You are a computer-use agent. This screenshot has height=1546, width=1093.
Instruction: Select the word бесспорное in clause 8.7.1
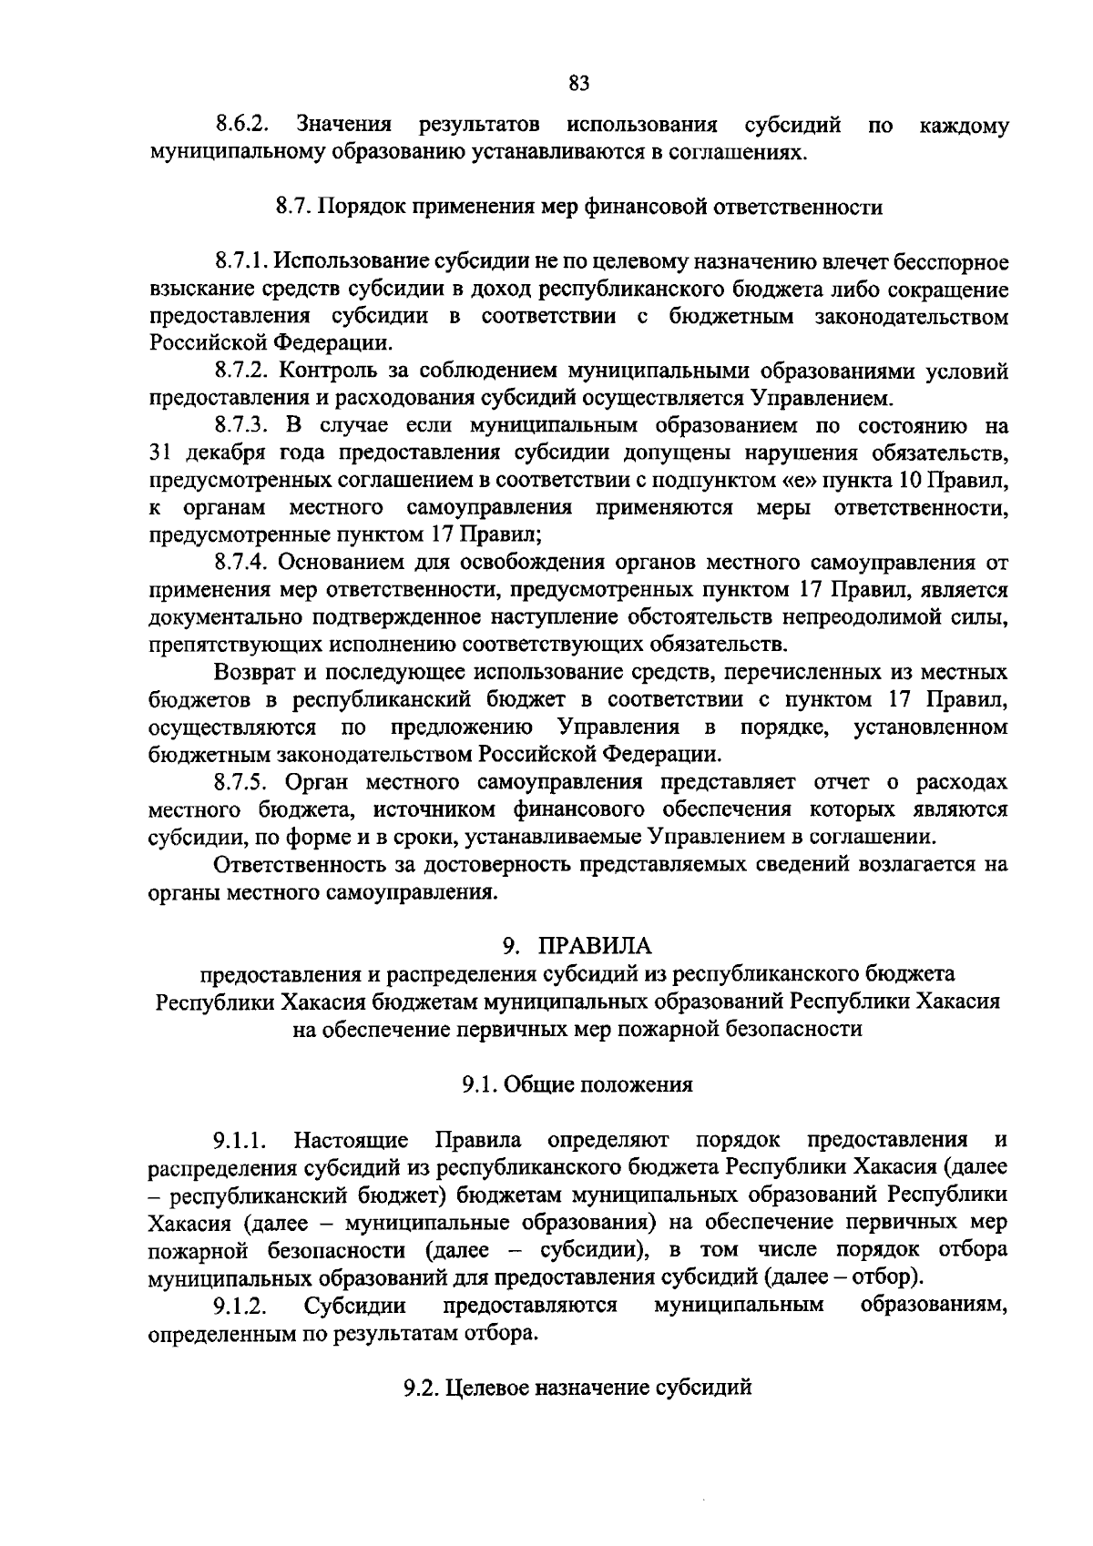[x=952, y=263]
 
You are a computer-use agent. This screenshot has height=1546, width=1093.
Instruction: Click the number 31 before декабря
[x=159, y=453]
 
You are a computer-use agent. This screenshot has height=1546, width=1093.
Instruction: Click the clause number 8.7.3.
[x=242, y=426]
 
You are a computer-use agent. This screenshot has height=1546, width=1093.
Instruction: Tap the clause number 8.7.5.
[x=242, y=782]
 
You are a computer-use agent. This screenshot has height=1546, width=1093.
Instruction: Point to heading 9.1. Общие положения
[x=577, y=1084]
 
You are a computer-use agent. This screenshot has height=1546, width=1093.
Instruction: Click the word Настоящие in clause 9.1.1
[x=352, y=1140]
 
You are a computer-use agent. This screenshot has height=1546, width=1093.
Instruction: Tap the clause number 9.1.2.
[x=240, y=1306]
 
